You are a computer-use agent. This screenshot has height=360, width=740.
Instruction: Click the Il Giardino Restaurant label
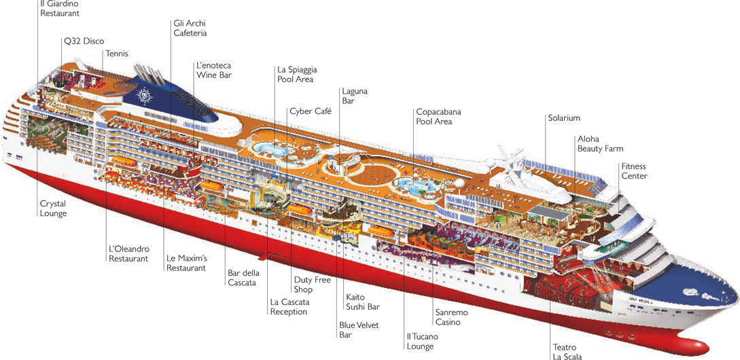click(60, 9)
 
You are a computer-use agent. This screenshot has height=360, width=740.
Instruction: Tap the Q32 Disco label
click(84, 41)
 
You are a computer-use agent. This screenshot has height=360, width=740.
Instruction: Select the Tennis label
click(117, 54)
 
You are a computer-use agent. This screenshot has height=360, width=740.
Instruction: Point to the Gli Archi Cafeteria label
click(190, 28)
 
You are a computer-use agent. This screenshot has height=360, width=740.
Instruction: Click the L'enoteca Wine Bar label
click(213, 71)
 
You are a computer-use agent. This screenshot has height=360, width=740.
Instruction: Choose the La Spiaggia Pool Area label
click(296, 75)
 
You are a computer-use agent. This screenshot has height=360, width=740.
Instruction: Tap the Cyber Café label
click(310, 111)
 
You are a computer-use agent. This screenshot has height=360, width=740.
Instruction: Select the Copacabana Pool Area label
click(434, 116)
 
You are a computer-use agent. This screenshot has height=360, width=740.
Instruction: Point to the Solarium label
click(564, 118)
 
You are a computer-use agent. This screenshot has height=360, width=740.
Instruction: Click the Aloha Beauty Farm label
click(600, 144)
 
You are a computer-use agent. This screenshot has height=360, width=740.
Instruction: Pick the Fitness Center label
click(633, 171)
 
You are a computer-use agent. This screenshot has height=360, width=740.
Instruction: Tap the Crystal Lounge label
click(54, 208)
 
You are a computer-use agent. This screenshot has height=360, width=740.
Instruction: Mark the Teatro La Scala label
click(567, 350)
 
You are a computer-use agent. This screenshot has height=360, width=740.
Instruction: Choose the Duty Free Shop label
click(312, 285)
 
